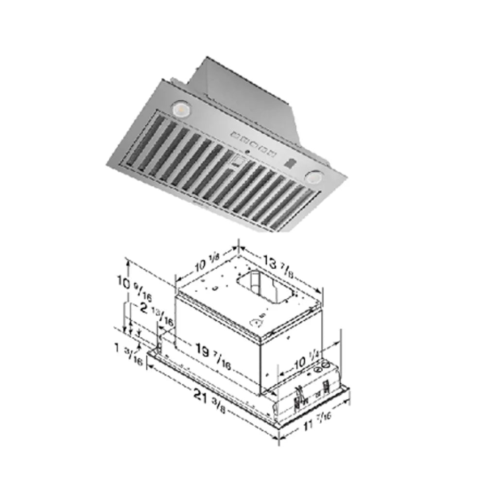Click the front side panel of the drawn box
(x=219, y=340)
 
